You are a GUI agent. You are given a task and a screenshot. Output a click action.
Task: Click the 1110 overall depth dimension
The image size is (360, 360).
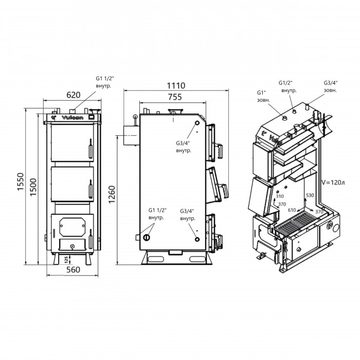coord(176,86)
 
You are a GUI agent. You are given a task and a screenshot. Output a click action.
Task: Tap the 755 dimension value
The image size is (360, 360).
coord(175,97)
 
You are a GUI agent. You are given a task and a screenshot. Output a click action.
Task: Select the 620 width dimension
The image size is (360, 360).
coord(74,95)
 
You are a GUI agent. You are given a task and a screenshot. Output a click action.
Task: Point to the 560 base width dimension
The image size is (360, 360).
coord(73,270)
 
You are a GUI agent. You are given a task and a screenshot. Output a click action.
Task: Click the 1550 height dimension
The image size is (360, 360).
coord(21,182)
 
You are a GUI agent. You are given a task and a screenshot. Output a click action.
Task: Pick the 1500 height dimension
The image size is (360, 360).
coord(33,187)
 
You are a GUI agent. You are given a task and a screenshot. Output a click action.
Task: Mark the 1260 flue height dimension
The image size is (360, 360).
coord(112,194)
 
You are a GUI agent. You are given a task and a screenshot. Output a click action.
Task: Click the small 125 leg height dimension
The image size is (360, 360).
coord(66,260)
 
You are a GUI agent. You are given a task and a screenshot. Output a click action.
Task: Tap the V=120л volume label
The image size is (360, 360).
coord(333,183)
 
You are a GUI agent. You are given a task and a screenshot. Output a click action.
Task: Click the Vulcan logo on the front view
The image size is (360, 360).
coord(73,118)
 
